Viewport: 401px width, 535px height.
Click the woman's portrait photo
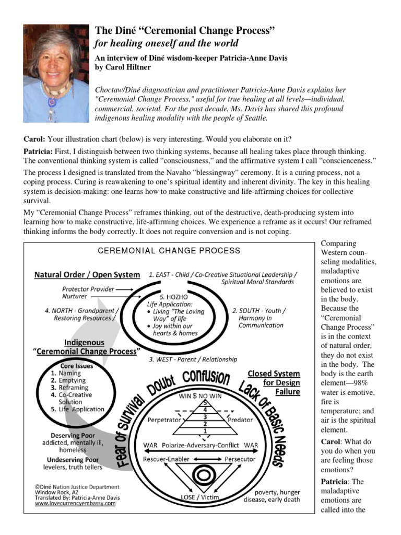point(56,74)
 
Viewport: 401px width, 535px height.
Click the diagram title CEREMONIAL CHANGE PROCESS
point(169,251)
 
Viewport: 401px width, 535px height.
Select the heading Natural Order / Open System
point(87,275)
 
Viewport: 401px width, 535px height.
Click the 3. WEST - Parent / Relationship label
point(193,359)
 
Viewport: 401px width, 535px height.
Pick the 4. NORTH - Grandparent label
point(82,310)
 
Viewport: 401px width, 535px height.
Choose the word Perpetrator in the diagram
point(164,420)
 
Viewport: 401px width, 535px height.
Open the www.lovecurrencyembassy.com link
point(75,504)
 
